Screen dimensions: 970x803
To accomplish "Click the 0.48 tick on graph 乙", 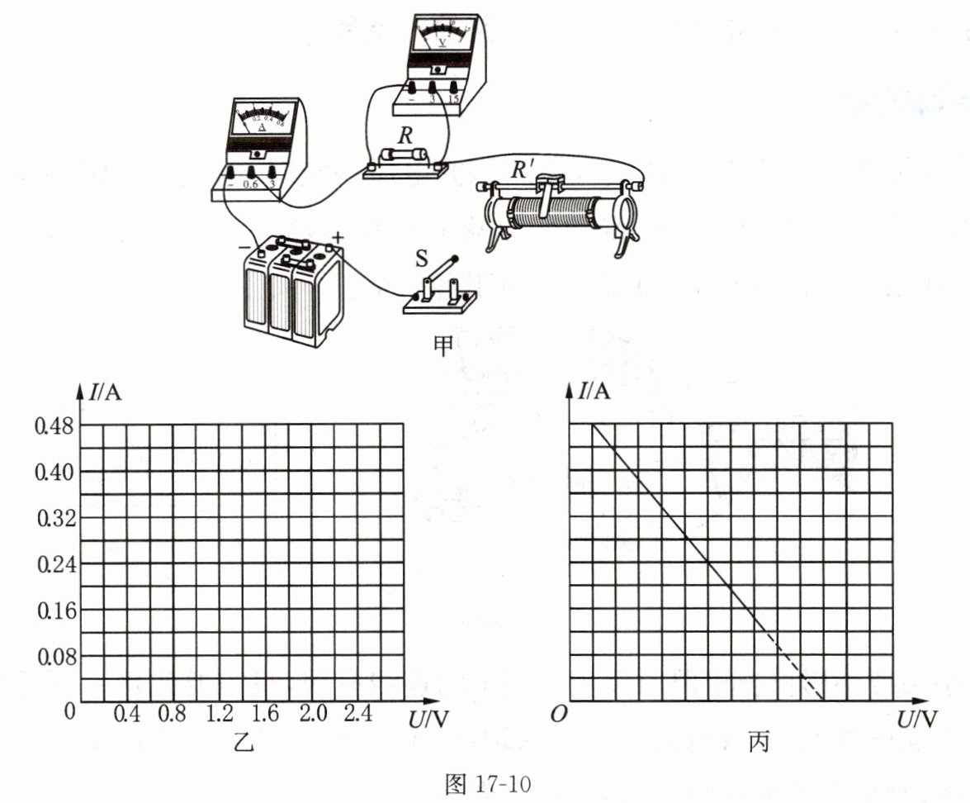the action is [54, 426].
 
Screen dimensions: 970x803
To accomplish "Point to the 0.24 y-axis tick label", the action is [54, 565].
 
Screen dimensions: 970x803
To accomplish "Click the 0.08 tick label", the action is [54, 658].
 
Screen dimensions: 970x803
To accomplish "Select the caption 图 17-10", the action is [485, 783].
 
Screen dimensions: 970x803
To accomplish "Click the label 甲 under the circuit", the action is [442, 345].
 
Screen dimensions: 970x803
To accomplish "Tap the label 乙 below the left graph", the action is [243, 744].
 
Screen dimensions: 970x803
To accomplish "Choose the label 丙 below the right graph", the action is [758, 744].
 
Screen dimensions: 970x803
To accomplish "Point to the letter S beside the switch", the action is [421, 259].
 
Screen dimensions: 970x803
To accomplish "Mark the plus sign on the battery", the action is [337, 237].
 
